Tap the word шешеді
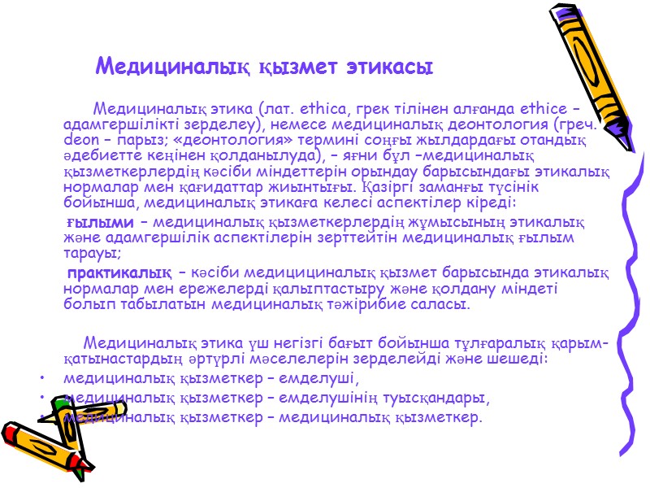tap(520, 358)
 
